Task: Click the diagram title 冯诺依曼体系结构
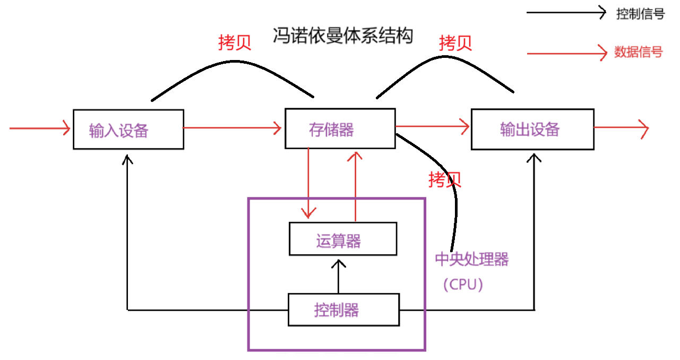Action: point(342,36)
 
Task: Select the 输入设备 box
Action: point(128,130)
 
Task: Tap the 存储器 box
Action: point(340,128)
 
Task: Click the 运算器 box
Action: point(342,239)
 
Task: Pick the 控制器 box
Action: point(343,310)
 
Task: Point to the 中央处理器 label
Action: point(471,259)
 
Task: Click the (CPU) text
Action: point(463,285)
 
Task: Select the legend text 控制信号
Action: point(640,14)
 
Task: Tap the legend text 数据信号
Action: point(639,52)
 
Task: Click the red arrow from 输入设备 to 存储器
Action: point(232,127)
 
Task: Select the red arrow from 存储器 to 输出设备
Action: point(433,126)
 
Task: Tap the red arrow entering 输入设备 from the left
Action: point(40,128)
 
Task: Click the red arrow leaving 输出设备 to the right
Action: point(621,128)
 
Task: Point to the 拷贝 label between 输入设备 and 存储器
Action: point(234,43)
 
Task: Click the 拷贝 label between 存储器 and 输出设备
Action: point(455,43)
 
